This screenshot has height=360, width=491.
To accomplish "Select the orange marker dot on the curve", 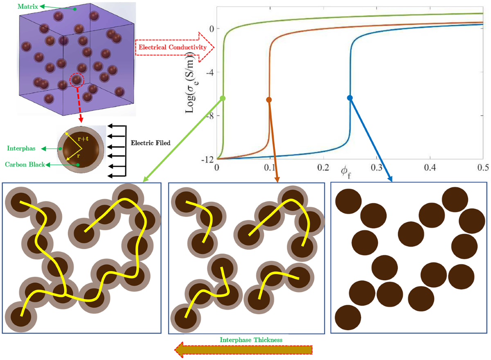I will (x=269, y=100).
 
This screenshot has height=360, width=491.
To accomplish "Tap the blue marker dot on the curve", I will (x=350, y=97).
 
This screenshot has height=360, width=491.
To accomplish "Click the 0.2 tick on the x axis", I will (x=323, y=168).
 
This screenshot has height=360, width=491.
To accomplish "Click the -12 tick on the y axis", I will (x=207, y=159).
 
